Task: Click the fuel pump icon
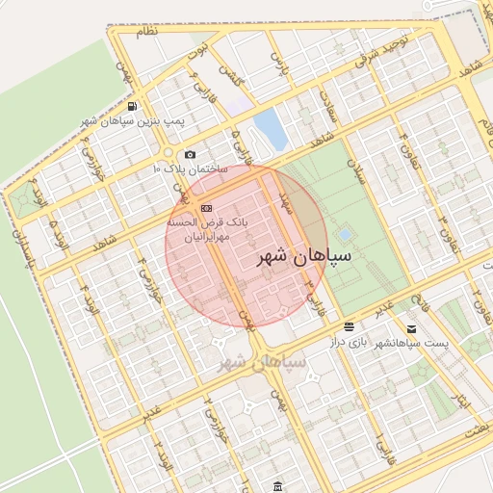pyautogui.click(x=132, y=106)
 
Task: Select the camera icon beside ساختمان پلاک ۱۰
pyautogui.click(x=190, y=155)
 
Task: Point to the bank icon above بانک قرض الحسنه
pyautogui.click(x=205, y=208)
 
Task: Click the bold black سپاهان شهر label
pyautogui.click(x=304, y=257)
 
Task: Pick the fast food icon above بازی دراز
pyautogui.click(x=348, y=326)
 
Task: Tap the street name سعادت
pyautogui.click(x=329, y=106)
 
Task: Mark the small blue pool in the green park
pyautogui.click(x=345, y=234)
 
